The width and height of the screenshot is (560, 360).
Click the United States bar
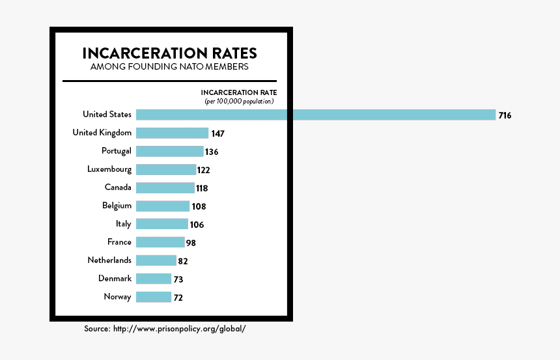point(316,115)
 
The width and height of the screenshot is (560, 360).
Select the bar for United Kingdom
point(172,133)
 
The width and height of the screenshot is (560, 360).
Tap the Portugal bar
point(170,151)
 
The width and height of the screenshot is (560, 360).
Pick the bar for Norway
point(154,297)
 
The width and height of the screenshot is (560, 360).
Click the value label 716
point(505,115)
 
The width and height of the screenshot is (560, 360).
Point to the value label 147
point(217,133)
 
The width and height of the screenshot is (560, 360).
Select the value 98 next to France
point(190,243)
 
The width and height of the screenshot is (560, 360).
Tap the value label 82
point(184,261)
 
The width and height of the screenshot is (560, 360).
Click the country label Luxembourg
point(109,169)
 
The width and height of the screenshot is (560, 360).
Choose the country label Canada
point(118,187)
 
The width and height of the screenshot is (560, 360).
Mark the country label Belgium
point(117,206)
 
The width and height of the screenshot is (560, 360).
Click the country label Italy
point(124,224)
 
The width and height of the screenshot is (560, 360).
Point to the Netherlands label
point(109,260)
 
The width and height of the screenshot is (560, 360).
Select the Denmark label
point(115,279)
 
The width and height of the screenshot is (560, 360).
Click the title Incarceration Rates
point(169,53)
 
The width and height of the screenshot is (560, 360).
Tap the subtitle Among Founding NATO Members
point(169,66)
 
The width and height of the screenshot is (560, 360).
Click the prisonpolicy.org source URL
point(179,329)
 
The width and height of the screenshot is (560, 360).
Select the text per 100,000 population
point(239,102)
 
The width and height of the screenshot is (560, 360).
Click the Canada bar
point(165,187)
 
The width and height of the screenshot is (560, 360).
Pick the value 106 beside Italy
point(197,225)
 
